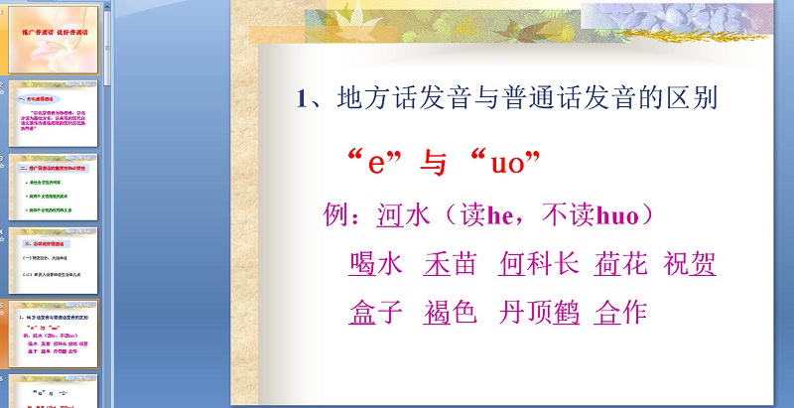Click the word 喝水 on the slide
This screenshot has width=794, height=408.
(x=376, y=264)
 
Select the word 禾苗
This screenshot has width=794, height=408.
(x=450, y=264)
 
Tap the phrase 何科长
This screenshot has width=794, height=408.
(x=539, y=264)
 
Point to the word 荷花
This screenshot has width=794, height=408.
(x=621, y=264)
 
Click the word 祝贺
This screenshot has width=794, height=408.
(x=691, y=264)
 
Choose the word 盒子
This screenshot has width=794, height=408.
(x=376, y=313)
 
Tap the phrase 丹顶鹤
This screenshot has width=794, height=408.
(x=539, y=313)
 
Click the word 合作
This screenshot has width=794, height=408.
(x=620, y=313)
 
